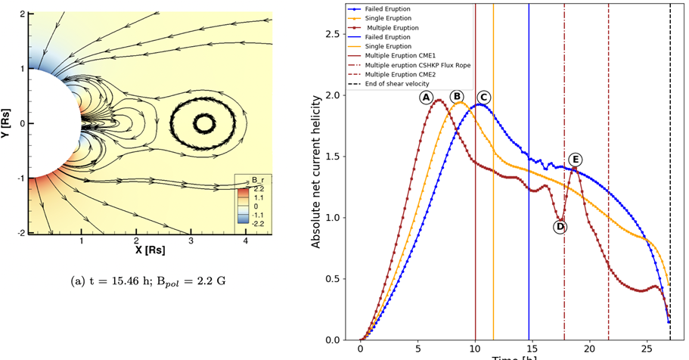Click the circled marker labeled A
pos(427,98)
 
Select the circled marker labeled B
pos(457,96)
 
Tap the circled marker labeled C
pos(483,97)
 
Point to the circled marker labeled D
pos(560,226)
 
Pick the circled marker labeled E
pos(576,160)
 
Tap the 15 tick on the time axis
pos(532,350)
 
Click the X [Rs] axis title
pos(150,249)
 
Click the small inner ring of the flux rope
pos(203,123)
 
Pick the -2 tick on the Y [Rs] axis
pos(20,233)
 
